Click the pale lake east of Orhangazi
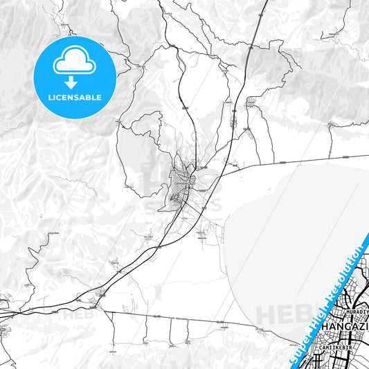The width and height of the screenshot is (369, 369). pos(291,228)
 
